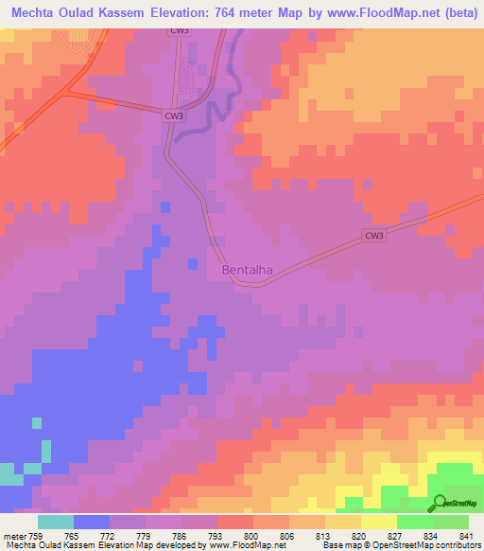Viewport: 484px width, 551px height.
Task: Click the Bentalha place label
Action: point(247,270)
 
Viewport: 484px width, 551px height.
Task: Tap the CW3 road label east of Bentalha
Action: point(375,237)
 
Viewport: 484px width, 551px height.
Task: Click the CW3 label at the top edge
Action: point(180,30)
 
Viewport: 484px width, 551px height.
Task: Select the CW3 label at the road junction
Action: point(172,116)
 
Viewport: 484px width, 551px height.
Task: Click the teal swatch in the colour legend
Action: point(56,523)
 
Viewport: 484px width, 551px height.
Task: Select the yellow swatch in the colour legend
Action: point(378,523)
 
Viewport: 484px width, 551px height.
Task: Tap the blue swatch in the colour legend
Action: point(92,523)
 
